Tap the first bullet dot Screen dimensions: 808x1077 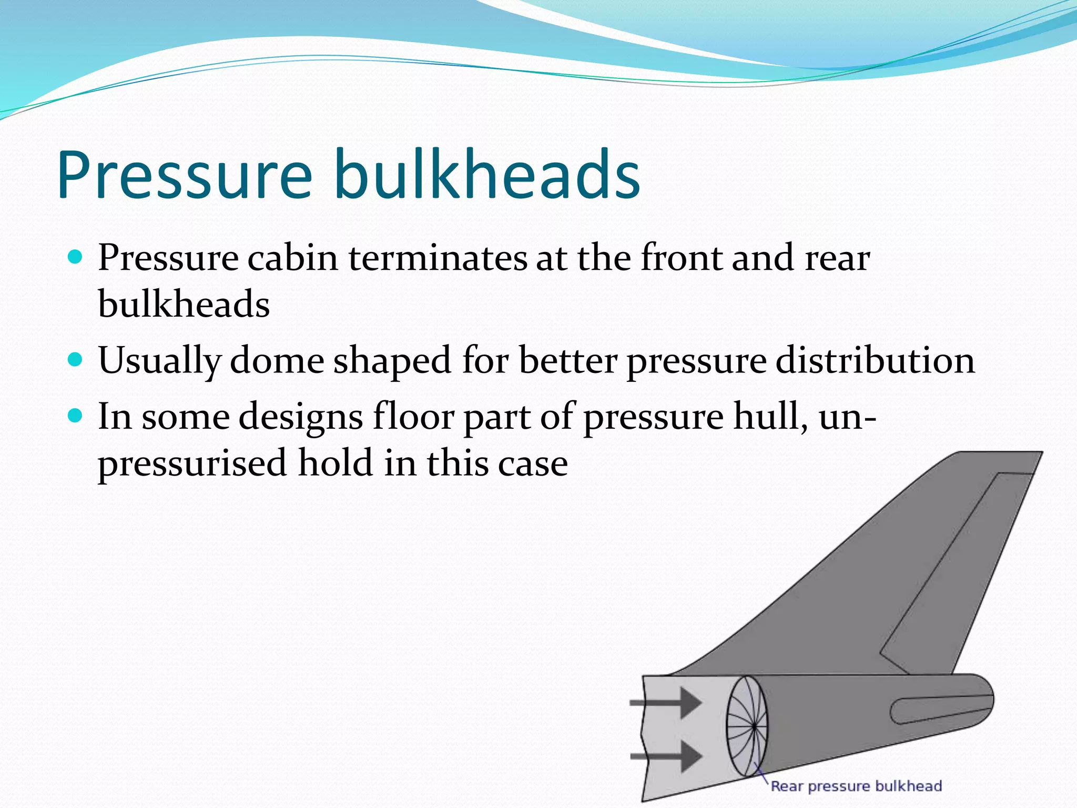tap(76, 257)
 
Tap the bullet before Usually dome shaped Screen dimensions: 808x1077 tap(76, 360)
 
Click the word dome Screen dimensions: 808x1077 tap(277, 361)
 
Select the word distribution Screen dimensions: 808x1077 tap(875, 361)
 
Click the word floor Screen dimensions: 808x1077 tap(413, 417)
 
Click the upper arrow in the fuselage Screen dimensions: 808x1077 tap(668, 702)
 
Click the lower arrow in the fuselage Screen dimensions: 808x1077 tap(668, 756)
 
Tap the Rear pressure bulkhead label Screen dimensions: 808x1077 tap(856, 786)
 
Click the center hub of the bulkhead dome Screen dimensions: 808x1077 tap(754, 727)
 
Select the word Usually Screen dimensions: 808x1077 tap(159, 361)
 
